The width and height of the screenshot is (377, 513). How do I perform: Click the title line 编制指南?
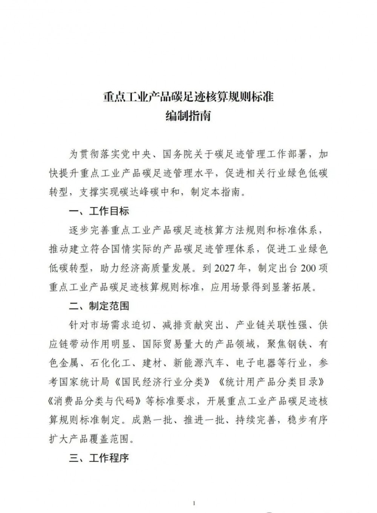[x=188, y=116]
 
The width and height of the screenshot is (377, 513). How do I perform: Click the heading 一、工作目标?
[x=99, y=211]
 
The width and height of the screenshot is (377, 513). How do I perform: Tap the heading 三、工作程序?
[x=99, y=458]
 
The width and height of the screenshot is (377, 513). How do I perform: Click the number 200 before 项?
[x=308, y=268]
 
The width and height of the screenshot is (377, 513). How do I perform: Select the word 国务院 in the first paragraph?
[x=177, y=154]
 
